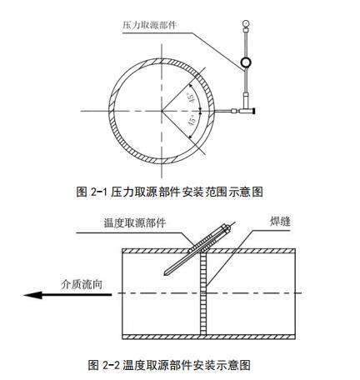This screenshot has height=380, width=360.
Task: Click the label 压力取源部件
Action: (x=149, y=25)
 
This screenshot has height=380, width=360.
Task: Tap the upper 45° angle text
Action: (x=192, y=97)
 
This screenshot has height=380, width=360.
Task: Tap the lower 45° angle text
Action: (x=192, y=122)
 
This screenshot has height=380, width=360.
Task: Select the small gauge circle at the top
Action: (x=246, y=22)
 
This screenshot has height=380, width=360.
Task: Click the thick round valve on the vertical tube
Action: (x=246, y=62)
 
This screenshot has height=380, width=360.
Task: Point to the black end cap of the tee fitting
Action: (x=253, y=111)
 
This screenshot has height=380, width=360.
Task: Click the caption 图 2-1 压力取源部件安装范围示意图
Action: (x=169, y=192)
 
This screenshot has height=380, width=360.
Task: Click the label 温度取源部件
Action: (x=135, y=222)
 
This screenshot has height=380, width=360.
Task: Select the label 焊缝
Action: (x=280, y=222)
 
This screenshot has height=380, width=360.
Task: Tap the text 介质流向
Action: (x=82, y=284)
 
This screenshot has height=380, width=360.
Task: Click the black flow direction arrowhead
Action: (x=33, y=295)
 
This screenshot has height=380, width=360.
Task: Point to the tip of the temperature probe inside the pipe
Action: (x=164, y=274)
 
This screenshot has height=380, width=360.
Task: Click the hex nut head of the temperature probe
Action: (x=226, y=227)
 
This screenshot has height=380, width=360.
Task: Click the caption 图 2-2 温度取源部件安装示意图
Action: (x=169, y=365)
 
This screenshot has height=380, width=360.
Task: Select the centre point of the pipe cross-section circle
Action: (x=162, y=111)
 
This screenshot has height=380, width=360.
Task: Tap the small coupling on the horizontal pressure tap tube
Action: (x=234, y=111)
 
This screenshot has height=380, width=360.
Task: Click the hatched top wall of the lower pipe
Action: (x=208, y=251)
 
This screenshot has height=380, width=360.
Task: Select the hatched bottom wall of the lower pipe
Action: (x=208, y=337)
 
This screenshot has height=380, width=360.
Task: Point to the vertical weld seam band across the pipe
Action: (x=203, y=294)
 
